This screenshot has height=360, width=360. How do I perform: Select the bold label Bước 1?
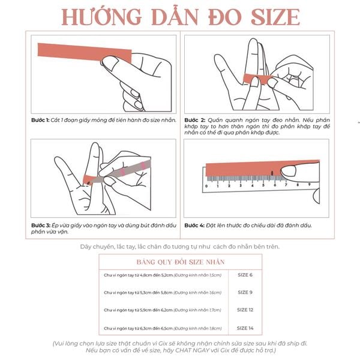coord(40,121)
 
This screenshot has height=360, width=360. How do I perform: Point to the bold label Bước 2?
coord(194,121)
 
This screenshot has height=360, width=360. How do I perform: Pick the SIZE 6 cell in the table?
coord(245,274)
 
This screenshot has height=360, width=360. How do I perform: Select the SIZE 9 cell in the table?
coord(245,292)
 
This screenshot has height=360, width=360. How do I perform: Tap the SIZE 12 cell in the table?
coord(245,310)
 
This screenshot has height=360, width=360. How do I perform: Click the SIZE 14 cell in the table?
coord(245,328)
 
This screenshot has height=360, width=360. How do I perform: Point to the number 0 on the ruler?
coord(206,185)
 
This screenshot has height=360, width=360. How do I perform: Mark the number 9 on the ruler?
coord(309,185)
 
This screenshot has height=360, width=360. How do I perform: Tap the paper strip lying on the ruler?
coord(240,167)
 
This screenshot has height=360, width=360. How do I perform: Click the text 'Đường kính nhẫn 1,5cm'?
coord(197,275)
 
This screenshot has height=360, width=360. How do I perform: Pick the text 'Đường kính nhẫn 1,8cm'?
coord(197,329)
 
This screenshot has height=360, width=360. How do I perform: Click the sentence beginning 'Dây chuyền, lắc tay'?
coord(180,246)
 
